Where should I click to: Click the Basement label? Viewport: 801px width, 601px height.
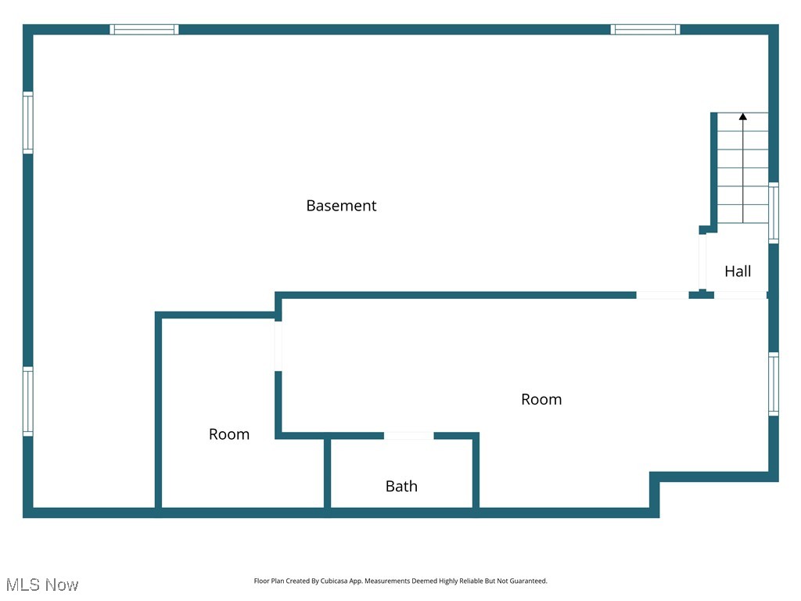(x=341, y=206)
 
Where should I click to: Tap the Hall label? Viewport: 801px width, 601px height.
(x=738, y=272)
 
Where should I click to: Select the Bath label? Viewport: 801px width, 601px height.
(x=401, y=487)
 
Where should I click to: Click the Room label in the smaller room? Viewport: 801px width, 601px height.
(x=229, y=434)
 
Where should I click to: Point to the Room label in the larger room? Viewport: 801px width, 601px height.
(x=541, y=400)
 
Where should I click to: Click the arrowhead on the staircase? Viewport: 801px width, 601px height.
(x=743, y=117)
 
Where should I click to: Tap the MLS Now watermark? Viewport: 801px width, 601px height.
(x=42, y=585)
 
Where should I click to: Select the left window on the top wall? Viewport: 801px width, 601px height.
(x=144, y=30)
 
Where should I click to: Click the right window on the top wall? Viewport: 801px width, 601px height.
(x=645, y=30)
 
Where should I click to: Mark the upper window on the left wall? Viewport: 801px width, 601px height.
(x=28, y=123)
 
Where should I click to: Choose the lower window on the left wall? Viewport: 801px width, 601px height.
(x=28, y=401)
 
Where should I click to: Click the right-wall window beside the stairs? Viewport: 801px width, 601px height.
(x=774, y=212)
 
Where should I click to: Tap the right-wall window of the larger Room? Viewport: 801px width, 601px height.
(x=774, y=383)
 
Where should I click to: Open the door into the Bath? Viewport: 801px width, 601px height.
(x=408, y=436)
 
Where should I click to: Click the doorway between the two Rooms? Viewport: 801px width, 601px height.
(x=278, y=345)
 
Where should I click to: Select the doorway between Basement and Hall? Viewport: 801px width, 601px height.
(x=702, y=261)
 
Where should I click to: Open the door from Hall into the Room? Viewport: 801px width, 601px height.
(x=740, y=295)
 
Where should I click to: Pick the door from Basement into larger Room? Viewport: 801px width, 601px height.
(x=662, y=295)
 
